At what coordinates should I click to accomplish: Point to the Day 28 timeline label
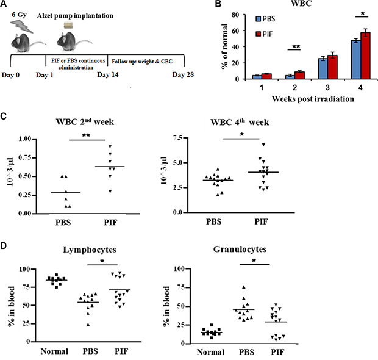[183, 74]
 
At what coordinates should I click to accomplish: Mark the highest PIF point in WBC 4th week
[263, 145]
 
